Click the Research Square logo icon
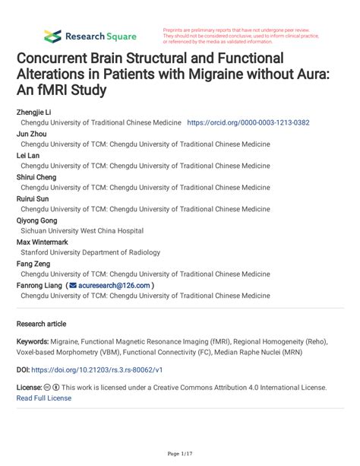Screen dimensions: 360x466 (x=52, y=36)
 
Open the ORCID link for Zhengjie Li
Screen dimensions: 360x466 (x=248, y=122)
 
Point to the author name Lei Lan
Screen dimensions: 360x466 (x=30, y=155)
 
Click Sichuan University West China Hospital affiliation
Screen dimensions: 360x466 (x=82, y=230)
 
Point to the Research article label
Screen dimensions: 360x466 (x=41, y=323)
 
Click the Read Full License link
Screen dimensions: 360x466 (x=44, y=398)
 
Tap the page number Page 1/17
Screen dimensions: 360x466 (x=179, y=454)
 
